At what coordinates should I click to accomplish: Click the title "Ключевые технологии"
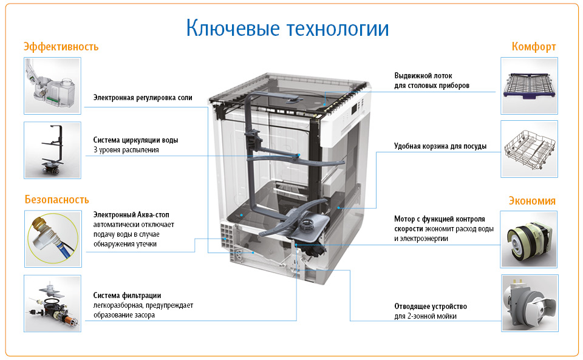point(287,29)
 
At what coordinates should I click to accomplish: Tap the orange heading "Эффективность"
point(61,47)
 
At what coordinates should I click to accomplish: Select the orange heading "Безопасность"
point(57,200)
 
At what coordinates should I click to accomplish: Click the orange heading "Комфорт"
point(534,47)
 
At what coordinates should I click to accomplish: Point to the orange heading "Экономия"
point(532,201)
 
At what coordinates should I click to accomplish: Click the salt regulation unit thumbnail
point(52,86)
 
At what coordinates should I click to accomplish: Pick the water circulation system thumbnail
point(52,150)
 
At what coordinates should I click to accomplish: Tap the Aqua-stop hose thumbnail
point(53,239)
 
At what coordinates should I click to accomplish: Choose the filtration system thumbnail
point(52,304)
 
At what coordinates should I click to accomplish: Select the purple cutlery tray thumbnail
point(529,86)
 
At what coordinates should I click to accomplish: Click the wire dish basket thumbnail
point(529,149)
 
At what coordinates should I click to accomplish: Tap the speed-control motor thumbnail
point(529,239)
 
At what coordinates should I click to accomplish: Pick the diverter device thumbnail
point(530,303)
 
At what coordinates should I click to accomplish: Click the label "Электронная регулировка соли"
point(143,98)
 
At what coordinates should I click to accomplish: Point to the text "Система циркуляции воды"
point(135,140)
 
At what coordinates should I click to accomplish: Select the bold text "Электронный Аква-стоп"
point(131,215)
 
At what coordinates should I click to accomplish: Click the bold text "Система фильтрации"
point(127,296)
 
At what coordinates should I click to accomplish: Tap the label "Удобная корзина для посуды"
point(440,146)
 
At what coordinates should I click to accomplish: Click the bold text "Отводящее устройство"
point(431,307)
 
